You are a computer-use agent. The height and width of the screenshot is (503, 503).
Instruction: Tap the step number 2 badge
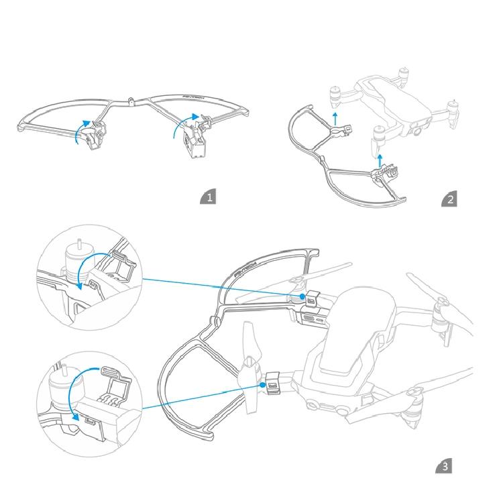pyautogui.click(x=450, y=199)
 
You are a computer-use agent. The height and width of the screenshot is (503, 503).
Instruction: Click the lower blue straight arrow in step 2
pyautogui.click(x=380, y=160)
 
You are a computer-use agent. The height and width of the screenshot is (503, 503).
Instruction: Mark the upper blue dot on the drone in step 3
pyautogui.click(x=302, y=296)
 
